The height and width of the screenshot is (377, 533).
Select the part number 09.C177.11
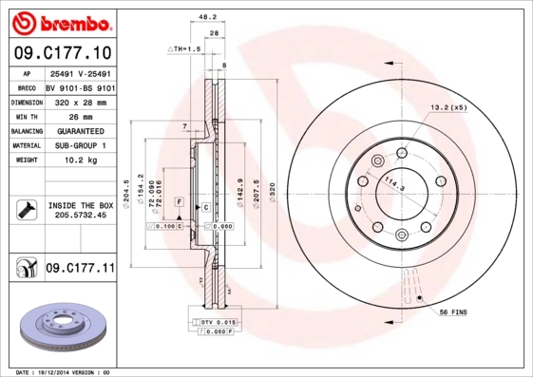tap(80, 269)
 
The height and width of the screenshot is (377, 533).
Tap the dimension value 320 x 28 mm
tap(75, 101)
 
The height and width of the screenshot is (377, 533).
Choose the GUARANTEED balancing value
tap(75, 130)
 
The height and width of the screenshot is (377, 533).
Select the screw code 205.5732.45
tap(79, 215)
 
